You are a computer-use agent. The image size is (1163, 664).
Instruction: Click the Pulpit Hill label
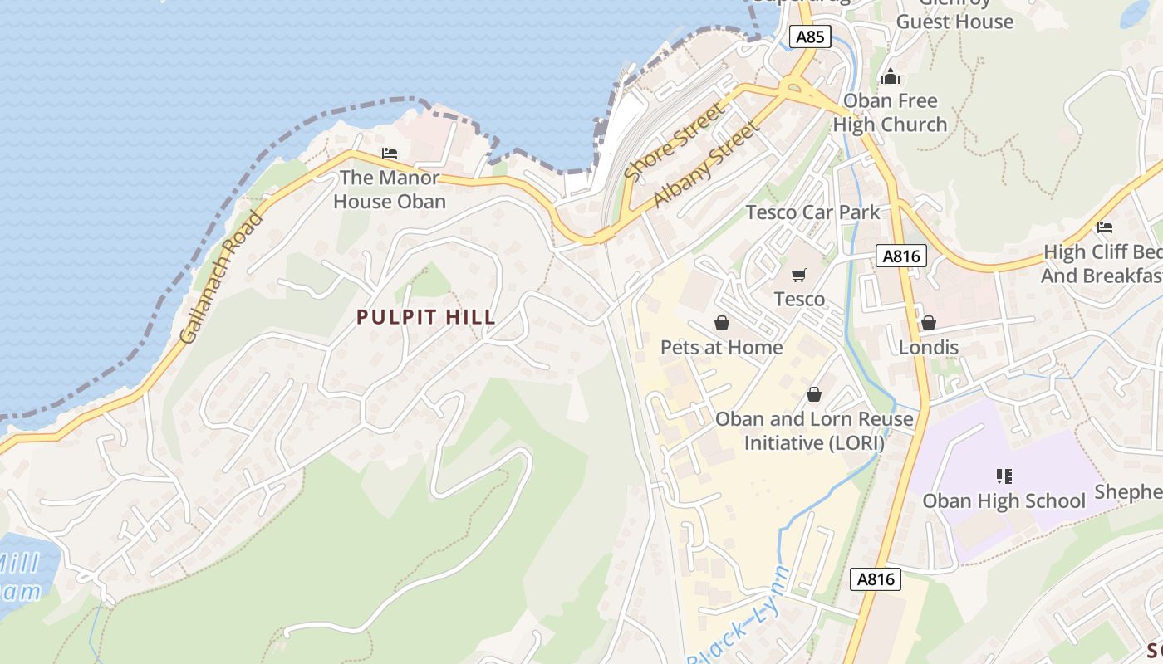(426, 317)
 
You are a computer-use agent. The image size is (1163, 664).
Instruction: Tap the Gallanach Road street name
(221, 278)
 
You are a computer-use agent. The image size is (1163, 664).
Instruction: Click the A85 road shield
(810, 37)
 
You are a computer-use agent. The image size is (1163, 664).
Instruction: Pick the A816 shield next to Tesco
(900, 256)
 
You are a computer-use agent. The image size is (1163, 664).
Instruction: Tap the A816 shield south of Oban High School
(876, 579)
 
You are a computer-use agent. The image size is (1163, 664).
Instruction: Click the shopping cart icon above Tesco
(799, 275)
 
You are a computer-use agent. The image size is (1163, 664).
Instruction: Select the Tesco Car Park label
(812, 212)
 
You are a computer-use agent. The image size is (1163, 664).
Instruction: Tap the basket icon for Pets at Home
(721, 322)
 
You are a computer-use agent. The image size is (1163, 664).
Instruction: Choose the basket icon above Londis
(929, 322)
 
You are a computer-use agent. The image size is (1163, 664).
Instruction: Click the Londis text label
(929, 347)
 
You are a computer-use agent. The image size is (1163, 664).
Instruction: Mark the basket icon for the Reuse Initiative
(814, 394)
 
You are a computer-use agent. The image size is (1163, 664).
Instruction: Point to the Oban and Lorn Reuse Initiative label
(814, 431)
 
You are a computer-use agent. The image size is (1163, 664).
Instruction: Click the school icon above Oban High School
(1004, 476)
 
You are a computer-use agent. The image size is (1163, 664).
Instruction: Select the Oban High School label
(1004, 500)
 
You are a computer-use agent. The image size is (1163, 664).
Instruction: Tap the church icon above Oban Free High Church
(891, 77)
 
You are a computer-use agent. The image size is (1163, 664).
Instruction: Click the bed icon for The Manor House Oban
(390, 154)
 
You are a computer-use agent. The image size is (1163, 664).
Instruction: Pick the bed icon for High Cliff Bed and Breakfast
(1104, 227)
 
